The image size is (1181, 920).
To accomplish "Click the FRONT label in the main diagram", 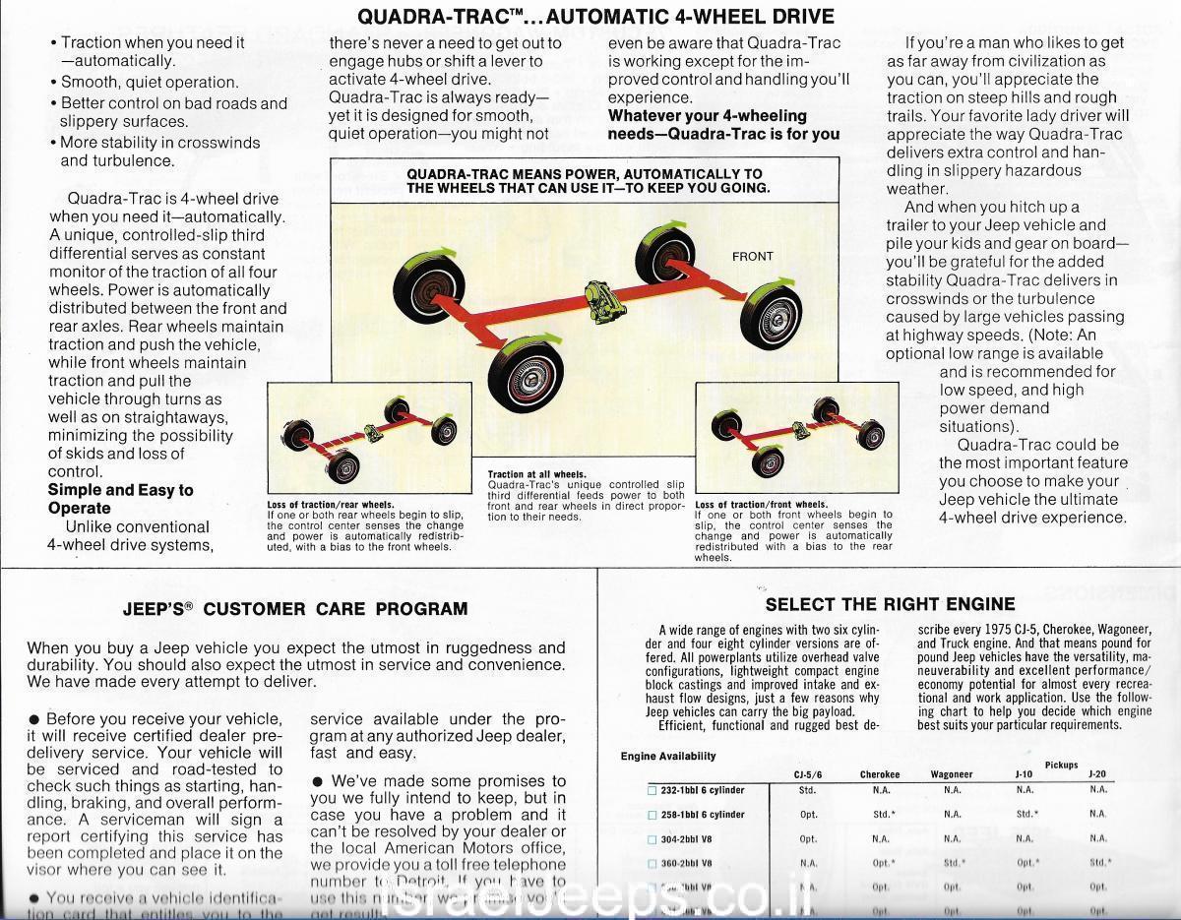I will (753, 257).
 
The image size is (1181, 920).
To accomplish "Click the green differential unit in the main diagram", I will (602, 299).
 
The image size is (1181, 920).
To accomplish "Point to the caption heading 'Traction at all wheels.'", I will (536, 475).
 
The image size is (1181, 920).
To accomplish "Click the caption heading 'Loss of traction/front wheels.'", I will (761, 505).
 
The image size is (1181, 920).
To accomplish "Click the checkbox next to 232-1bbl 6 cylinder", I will (652, 791).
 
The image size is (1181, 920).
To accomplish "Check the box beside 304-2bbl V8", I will (652, 839).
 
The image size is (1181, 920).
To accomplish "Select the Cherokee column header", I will (880, 774).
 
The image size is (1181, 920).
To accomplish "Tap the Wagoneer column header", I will (952, 774).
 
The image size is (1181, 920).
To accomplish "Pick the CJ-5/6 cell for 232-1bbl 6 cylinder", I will (807, 790).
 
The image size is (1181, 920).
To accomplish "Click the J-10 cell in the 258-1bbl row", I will (1027, 815).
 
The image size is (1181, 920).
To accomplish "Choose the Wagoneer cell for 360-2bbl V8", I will (953, 863).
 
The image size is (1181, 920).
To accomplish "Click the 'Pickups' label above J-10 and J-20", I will (1061, 765).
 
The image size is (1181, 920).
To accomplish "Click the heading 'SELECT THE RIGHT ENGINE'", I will (890, 604).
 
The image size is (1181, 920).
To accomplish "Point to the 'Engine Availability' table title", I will (668, 756).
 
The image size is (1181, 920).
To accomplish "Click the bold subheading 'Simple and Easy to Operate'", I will (120, 499).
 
